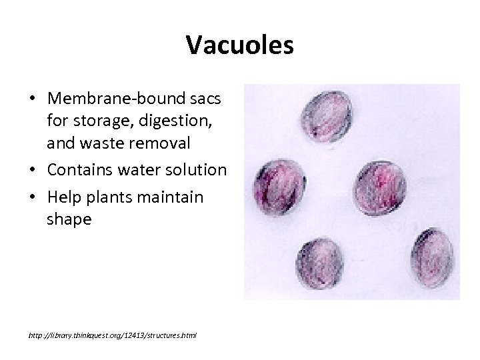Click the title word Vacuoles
tap(239, 45)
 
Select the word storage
tap(101, 121)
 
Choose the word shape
tap(69, 219)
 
